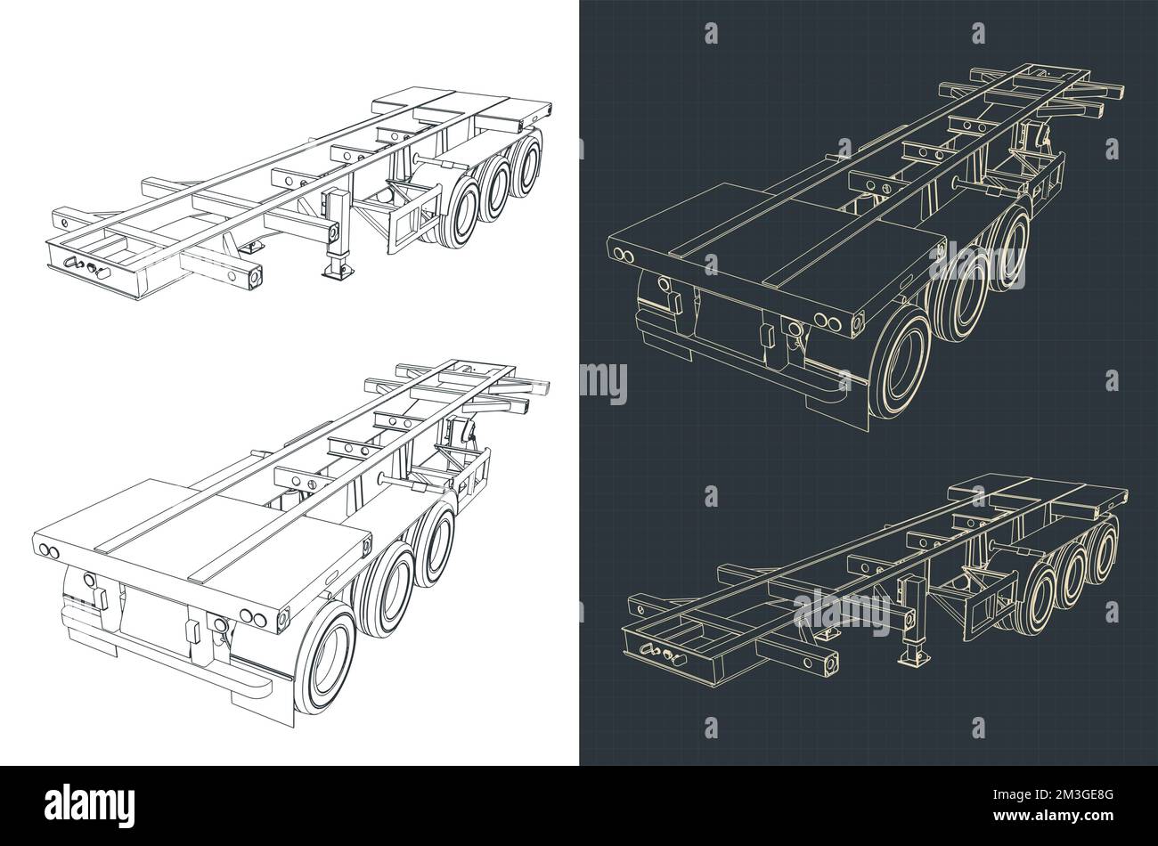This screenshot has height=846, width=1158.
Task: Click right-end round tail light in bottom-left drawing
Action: [x=283, y=616]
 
